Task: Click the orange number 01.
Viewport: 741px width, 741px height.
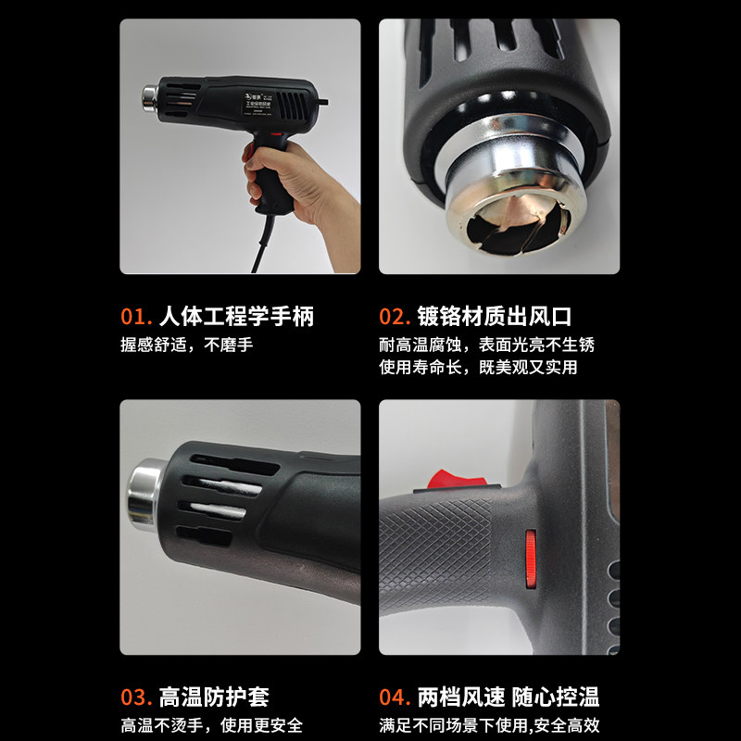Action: pyautogui.click(x=136, y=317)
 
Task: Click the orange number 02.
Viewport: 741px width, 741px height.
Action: pyautogui.click(x=395, y=317)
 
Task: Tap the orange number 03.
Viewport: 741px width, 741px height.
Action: pyautogui.click(x=136, y=697)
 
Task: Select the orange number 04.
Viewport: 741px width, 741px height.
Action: pyautogui.click(x=396, y=697)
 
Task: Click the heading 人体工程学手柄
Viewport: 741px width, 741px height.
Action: pyautogui.click(x=236, y=317)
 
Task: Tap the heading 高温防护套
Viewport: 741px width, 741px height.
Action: pyautogui.click(x=214, y=697)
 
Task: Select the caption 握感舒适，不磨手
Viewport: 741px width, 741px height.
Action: pyautogui.click(x=186, y=345)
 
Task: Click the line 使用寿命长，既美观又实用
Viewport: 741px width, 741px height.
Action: pyautogui.click(x=478, y=367)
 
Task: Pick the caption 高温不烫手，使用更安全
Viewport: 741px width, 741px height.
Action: pyautogui.click(x=211, y=725)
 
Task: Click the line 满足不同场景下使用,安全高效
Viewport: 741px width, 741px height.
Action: pyautogui.click(x=490, y=725)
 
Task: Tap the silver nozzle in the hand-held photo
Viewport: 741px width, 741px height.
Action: pyautogui.click(x=149, y=97)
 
